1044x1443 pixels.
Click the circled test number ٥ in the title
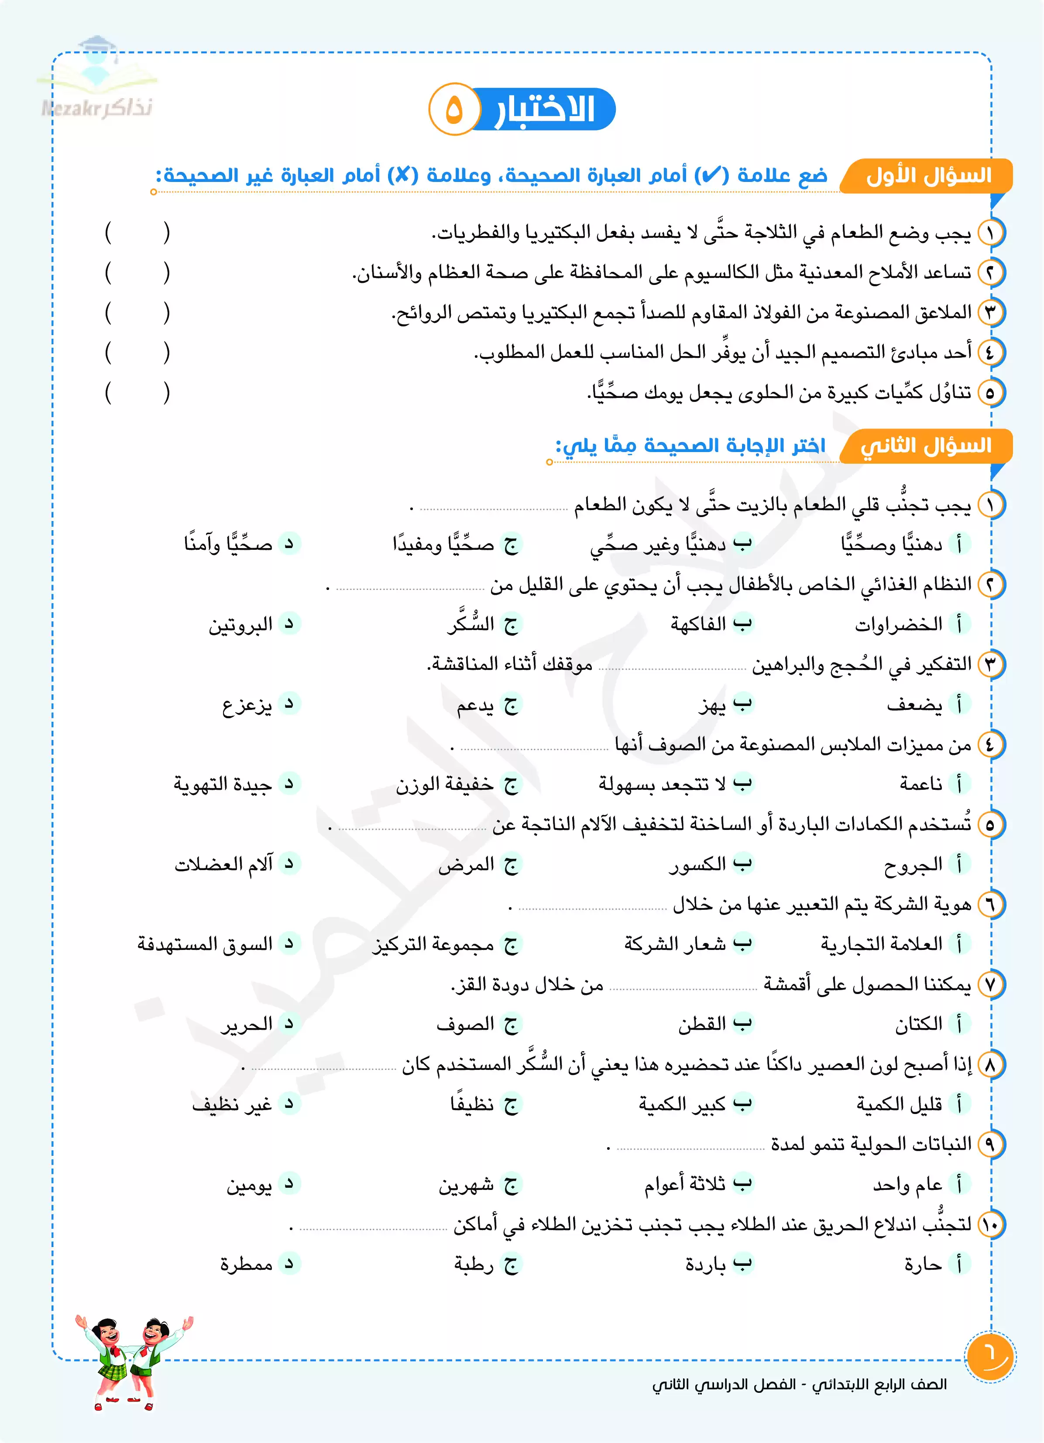pos(453,110)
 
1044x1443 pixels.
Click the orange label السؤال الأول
pos(928,175)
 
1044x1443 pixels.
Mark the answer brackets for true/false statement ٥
pos(137,393)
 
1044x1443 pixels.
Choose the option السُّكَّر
pos(471,624)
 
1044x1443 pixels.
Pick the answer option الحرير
pos(247,1024)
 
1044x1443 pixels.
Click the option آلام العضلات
pos(224,864)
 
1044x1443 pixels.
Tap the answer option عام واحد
pos(907,1184)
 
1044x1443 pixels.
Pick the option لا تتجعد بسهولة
pos(662,784)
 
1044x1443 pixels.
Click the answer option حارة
pos(923,1264)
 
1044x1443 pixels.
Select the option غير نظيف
pos(232,1104)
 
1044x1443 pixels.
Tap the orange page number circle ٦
pos(990,1357)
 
